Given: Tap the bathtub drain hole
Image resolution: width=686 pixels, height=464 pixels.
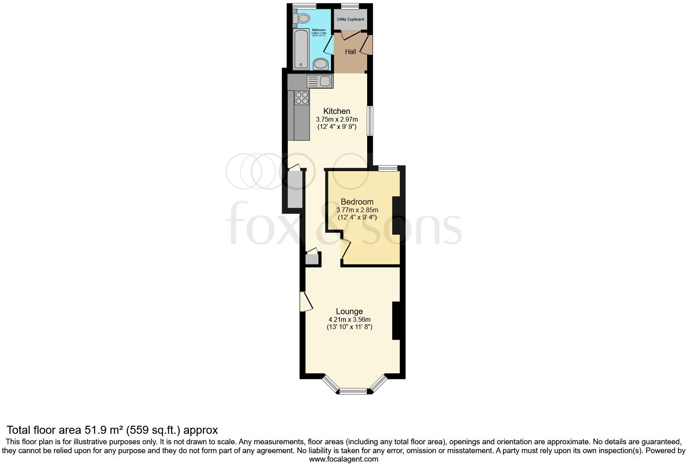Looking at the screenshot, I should click(301, 64).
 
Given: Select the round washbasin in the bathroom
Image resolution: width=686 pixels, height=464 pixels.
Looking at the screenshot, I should click(321, 64).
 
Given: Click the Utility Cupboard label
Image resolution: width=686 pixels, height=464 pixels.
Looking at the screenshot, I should click(350, 19).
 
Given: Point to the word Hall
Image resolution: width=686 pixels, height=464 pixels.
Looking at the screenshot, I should click(350, 52).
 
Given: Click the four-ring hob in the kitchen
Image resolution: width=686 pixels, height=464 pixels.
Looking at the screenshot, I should click(302, 98).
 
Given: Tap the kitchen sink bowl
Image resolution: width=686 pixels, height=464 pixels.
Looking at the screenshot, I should click(325, 81).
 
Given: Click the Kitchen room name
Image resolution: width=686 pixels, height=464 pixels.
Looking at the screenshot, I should click(337, 111).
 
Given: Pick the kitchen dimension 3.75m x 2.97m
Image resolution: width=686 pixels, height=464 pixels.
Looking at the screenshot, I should click(337, 120).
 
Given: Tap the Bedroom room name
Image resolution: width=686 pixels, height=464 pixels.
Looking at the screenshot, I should click(357, 202).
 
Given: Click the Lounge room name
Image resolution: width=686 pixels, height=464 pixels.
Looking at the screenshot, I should click(349, 311).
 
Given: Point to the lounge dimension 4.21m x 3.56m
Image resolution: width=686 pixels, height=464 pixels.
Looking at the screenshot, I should click(349, 320).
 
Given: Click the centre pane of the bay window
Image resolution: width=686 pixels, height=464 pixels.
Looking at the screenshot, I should click(353, 390).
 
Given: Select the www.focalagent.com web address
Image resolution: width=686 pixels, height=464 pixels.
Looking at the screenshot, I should click(343, 459).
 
